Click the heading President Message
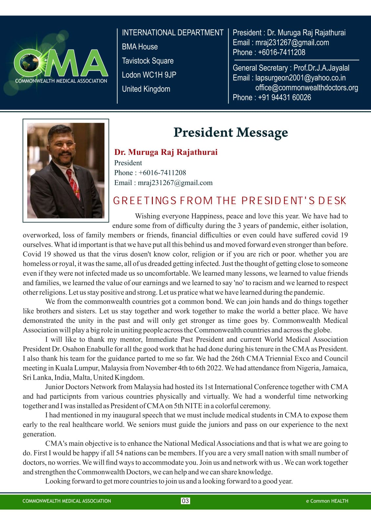pos(230,132)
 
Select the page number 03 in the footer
pos(185,501)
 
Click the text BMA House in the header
pos(140,47)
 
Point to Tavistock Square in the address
pos(148,61)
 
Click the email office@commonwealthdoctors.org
pos(306,88)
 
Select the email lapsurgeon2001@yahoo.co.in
pos(300,78)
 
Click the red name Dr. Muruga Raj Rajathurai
pos(166,152)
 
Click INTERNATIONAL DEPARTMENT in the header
pos(173,32)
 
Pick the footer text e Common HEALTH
pos(327,501)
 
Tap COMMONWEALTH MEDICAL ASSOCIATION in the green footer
pos(67,501)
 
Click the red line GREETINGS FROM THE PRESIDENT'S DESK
pos(230,200)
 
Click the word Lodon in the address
pos(131,75)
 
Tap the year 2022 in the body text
pos(214,368)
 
